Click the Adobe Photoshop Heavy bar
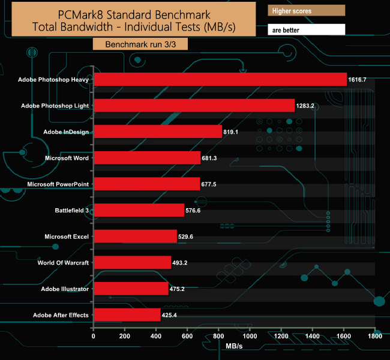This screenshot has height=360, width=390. [220, 79]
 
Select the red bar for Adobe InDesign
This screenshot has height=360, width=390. [158, 131]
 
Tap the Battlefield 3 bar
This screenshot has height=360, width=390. [139, 210]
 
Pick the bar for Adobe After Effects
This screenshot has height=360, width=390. [127, 315]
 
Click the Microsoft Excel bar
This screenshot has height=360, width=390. [136, 236]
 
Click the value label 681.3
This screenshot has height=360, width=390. [214, 158]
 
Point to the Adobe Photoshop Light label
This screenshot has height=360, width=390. [55, 106]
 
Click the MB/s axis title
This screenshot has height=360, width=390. [235, 347]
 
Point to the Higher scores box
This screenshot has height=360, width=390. [306, 11]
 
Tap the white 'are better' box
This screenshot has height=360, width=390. [306, 29]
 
